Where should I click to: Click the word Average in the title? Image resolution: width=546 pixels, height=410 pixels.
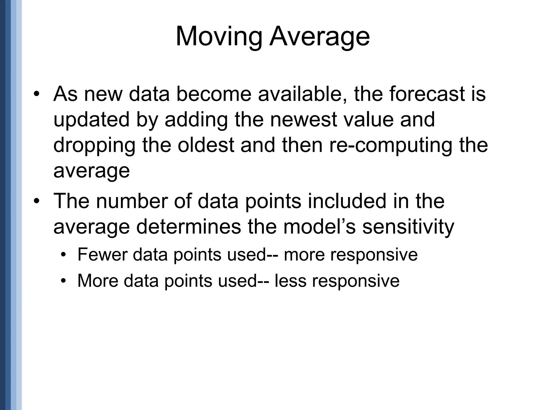(319, 37)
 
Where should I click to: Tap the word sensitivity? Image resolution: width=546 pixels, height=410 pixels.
(408, 227)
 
